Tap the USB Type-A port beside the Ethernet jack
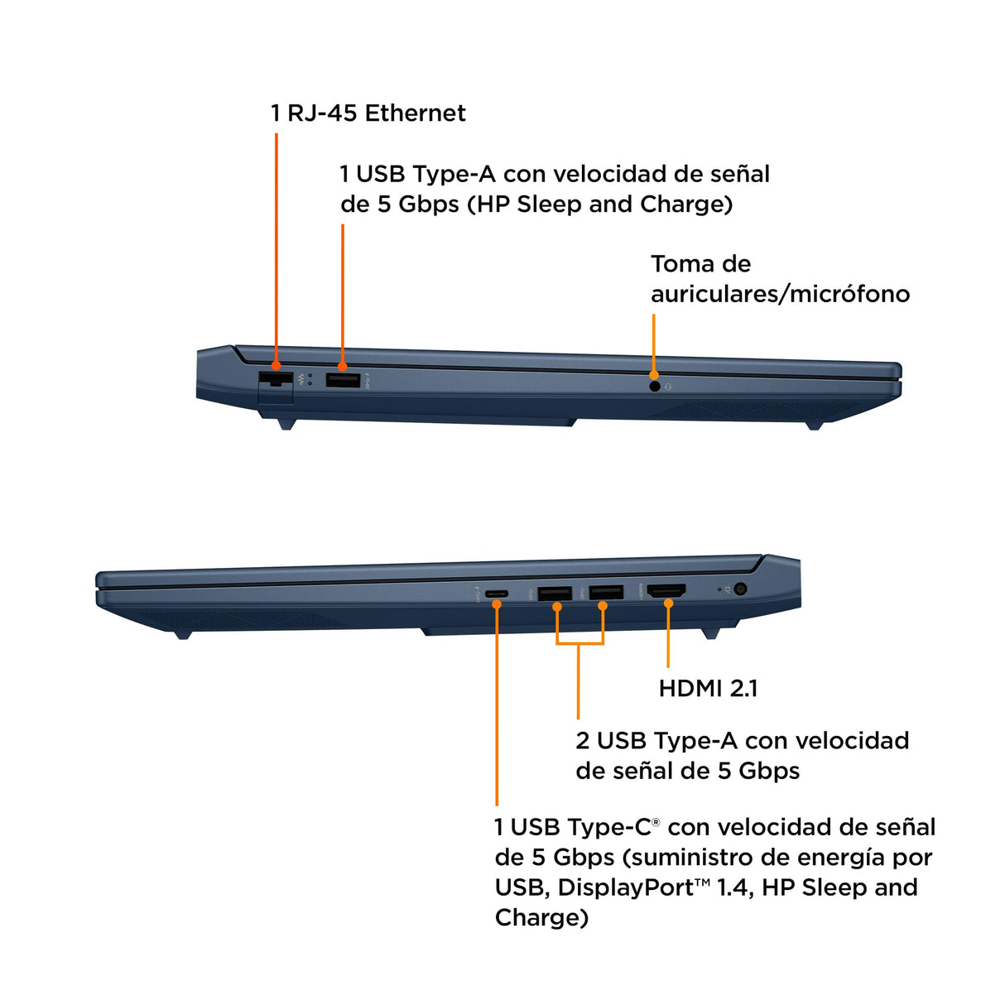point(343,380)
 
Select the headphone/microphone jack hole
point(655,387)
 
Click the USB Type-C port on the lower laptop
point(497,594)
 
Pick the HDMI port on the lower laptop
point(666,590)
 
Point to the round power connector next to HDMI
point(740,589)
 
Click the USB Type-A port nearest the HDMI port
point(606,593)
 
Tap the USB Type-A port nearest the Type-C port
point(555,593)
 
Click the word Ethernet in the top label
point(415,113)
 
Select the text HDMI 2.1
point(708,689)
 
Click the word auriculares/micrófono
point(780,294)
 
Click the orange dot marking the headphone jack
point(653,375)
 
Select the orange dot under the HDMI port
point(668,603)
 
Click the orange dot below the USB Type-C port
point(497,604)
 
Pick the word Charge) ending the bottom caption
point(541,918)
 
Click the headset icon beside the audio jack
point(668,387)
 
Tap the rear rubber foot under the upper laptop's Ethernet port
point(286,424)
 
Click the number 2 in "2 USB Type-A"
point(582,741)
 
